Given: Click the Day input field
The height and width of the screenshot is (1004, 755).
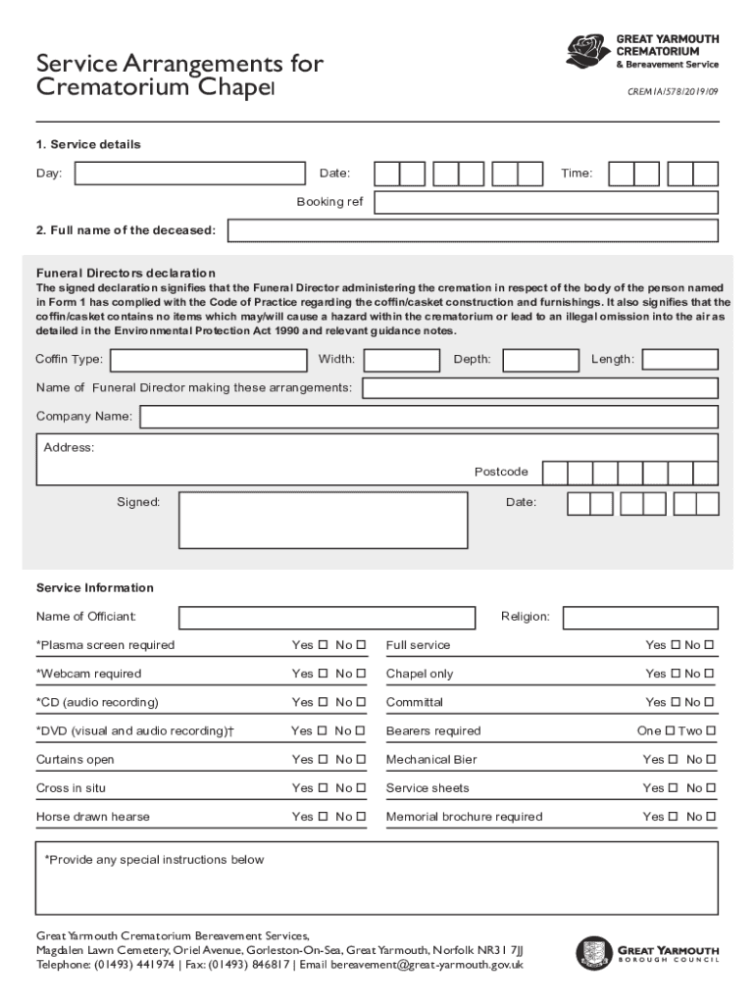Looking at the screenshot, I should point(190,174).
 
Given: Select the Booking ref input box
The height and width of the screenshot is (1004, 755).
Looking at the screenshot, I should point(546,202).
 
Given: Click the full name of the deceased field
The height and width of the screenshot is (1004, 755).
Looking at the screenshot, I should point(473,230).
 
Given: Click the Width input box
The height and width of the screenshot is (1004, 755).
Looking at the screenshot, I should point(401,360).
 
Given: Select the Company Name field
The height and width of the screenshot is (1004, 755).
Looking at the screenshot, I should point(429,417).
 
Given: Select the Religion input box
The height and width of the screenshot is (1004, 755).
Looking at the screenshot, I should point(640,618).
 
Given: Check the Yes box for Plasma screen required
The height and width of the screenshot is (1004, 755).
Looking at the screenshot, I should point(323,645).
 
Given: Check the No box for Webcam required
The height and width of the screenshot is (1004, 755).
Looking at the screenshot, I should point(361,674).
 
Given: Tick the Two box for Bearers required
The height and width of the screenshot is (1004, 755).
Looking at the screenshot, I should point(711,730).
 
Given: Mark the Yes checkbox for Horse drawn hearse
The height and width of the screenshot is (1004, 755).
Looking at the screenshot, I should point(323,817).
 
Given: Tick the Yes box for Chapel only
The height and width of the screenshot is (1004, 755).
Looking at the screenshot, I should point(675,674).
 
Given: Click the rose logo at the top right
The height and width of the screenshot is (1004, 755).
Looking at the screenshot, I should point(587,51).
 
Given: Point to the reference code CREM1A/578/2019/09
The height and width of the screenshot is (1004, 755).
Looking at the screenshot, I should point(673,91).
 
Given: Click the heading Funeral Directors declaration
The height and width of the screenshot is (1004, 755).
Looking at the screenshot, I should point(126,273).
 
